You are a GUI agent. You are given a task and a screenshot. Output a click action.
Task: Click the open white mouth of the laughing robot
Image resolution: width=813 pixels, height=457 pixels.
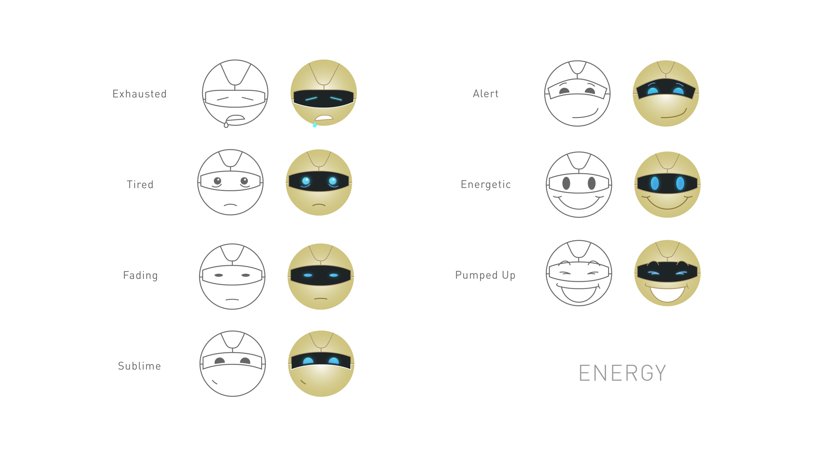point(667,294)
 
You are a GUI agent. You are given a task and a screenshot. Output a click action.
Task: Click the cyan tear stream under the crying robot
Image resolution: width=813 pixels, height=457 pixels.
point(314,128)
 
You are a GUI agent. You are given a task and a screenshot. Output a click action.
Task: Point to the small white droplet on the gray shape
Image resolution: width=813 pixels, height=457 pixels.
point(226,125)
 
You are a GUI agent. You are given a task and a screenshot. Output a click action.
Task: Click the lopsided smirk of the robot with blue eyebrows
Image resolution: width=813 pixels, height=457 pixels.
point(675,114)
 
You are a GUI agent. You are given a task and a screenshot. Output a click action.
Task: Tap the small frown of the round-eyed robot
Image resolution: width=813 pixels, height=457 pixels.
point(319,205)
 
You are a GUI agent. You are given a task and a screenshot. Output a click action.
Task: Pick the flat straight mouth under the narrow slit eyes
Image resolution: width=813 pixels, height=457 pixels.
point(321,298)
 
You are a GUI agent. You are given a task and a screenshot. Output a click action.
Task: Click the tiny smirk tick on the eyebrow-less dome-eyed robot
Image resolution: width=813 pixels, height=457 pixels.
point(303,382)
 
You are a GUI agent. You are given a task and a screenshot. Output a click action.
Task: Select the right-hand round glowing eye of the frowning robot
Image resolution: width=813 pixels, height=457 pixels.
point(333,181)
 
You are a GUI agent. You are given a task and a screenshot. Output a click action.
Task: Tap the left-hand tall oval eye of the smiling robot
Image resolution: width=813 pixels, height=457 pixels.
point(655,183)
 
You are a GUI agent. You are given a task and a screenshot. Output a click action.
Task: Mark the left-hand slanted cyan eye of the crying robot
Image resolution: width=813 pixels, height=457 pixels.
point(311,98)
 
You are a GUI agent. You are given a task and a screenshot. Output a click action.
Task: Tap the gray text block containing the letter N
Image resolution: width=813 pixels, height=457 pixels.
point(622,374)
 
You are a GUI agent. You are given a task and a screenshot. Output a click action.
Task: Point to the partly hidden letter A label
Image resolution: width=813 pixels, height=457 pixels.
point(477,96)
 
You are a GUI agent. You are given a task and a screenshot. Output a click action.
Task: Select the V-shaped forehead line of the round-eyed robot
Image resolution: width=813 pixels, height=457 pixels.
point(319,159)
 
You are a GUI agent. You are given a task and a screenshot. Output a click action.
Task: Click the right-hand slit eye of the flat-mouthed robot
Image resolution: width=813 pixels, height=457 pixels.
point(334,275)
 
